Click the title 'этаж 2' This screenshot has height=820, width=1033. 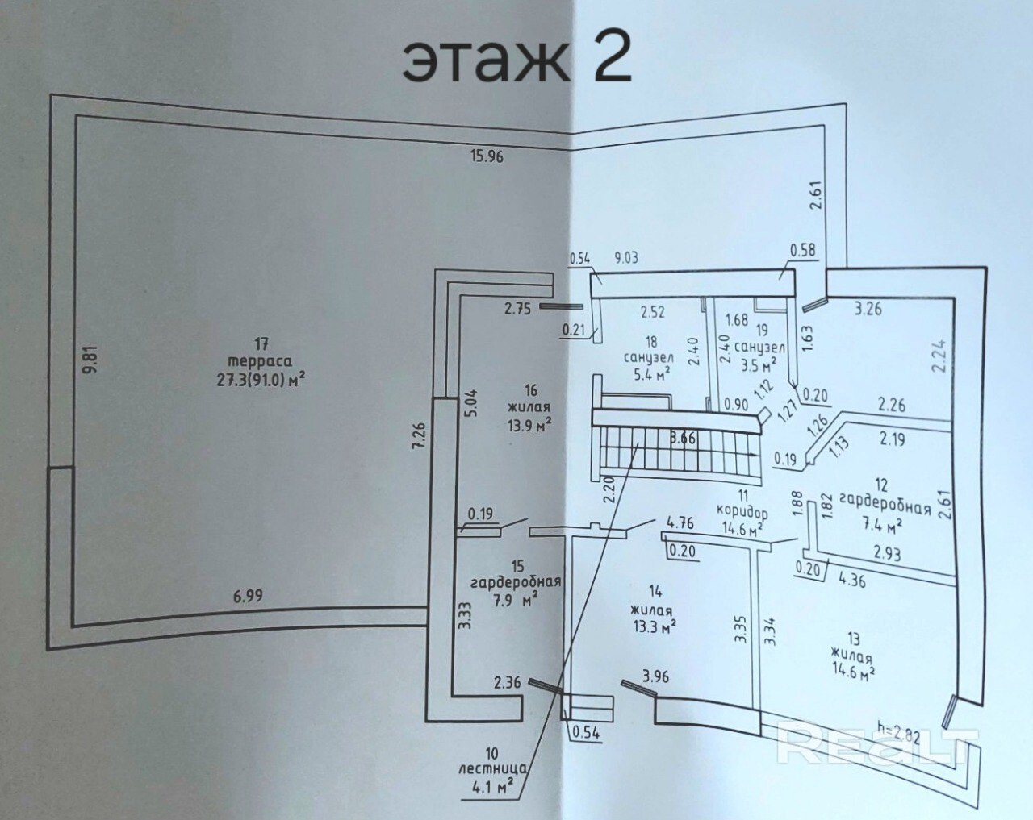pyautogui.click(x=516, y=61)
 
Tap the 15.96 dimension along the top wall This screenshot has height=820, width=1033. pyautogui.click(x=487, y=156)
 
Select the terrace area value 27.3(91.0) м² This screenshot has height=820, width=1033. pyautogui.click(x=261, y=380)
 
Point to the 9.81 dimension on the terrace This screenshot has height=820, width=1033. pyautogui.click(x=93, y=360)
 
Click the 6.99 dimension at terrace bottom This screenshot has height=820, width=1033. pyautogui.click(x=249, y=596)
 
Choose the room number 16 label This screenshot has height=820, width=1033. pyautogui.click(x=530, y=390)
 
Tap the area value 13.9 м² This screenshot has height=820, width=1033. pyautogui.click(x=529, y=424)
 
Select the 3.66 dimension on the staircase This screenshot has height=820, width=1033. pyautogui.click(x=683, y=438)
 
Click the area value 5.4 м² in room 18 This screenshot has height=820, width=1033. pyautogui.click(x=651, y=373)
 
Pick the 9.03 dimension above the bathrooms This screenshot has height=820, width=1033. pyautogui.click(x=626, y=258)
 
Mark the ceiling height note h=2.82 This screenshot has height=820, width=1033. pyautogui.click(x=898, y=736)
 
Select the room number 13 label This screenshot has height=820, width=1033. pyautogui.click(x=854, y=639)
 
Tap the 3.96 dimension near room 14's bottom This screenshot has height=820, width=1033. pyautogui.click(x=655, y=676)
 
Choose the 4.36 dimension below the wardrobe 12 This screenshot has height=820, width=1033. pyautogui.click(x=852, y=581)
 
